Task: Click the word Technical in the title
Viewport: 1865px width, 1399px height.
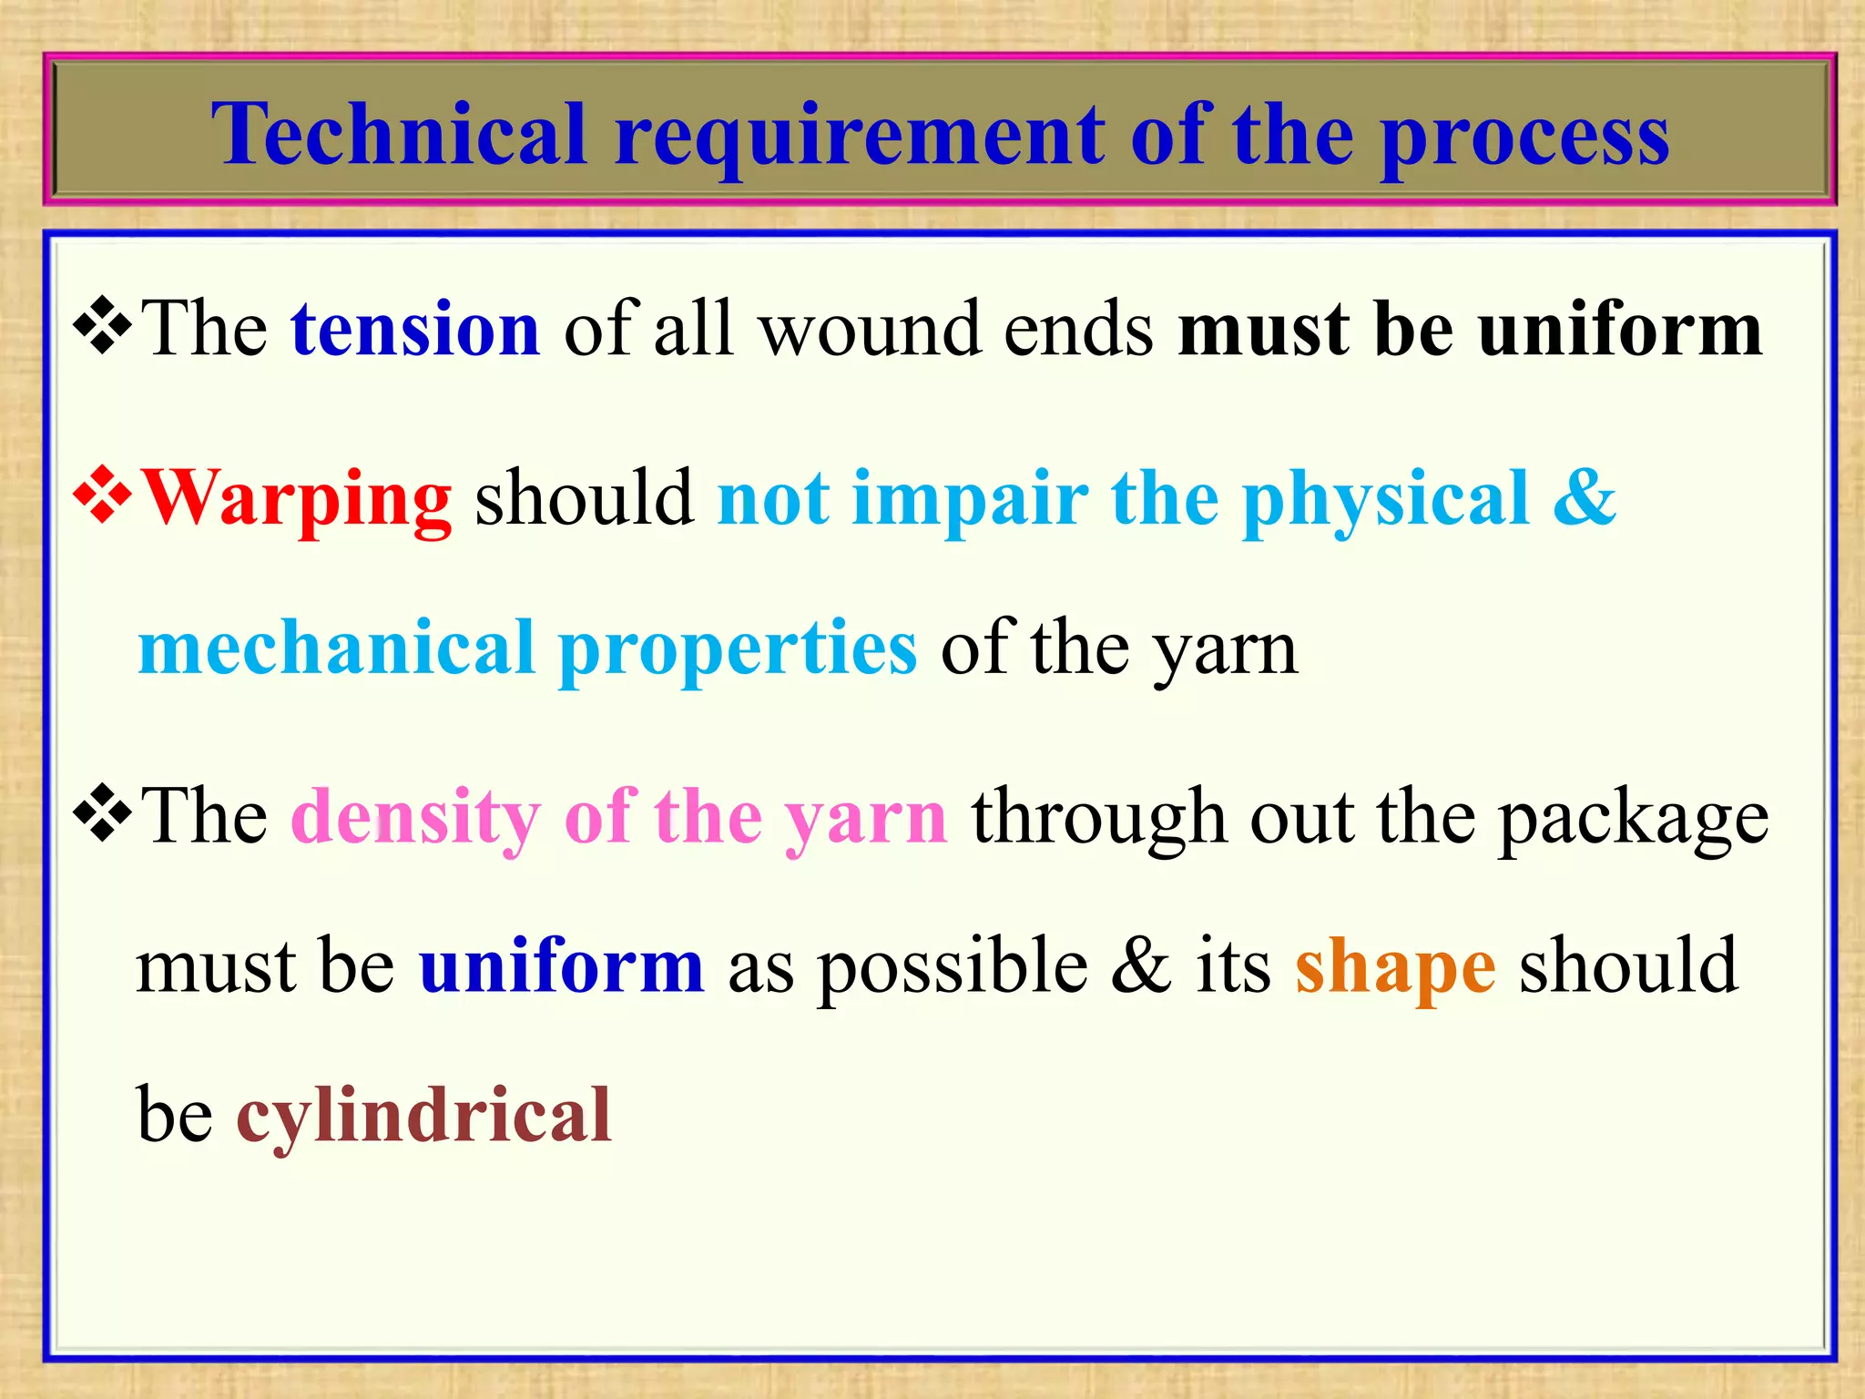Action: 399,135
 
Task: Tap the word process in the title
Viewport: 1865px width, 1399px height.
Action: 1525,137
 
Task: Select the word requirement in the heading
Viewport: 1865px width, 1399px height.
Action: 859,137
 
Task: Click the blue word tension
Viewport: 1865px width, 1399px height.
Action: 415,329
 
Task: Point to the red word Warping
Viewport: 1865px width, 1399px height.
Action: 298,499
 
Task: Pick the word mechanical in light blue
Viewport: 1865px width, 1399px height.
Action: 336,648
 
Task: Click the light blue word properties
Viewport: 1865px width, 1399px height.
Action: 738,649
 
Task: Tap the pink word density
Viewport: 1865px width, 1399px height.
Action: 415,817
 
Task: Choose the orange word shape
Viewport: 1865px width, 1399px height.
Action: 1395,967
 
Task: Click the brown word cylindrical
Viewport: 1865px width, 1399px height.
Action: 423,1117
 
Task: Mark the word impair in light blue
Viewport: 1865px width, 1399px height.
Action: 970,499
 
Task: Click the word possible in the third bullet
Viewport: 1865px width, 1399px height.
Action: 952,967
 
